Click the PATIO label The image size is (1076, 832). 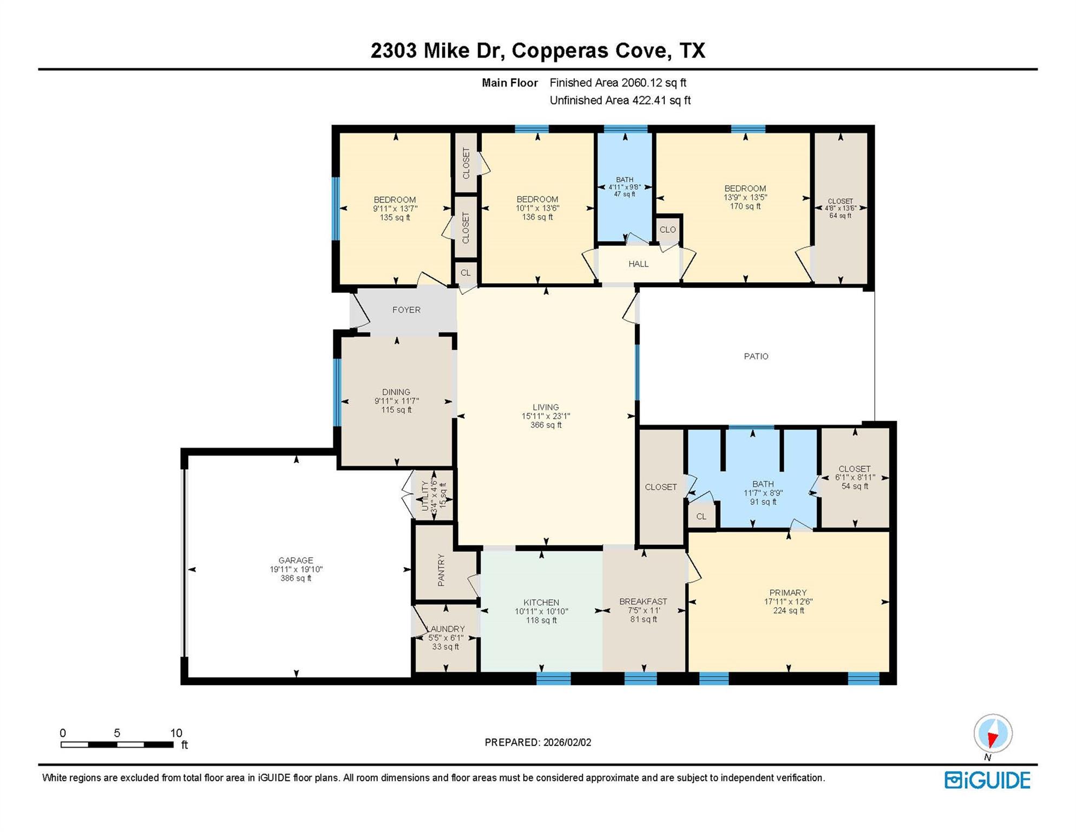(x=756, y=356)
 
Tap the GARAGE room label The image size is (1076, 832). (x=296, y=561)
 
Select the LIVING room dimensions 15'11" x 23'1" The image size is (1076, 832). (x=546, y=417)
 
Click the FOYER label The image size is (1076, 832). (x=406, y=310)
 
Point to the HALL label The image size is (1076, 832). (x=638, y=264)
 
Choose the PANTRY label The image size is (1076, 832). (x=441, y=570)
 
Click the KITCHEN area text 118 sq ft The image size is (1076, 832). (x=541, y=621)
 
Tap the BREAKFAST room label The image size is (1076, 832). (x=643, y=602)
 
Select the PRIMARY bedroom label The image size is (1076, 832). (x=788, y=593)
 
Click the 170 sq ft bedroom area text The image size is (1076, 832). (x=745, y=206)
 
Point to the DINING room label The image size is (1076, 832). (x=396, y=392)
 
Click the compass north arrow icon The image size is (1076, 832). (x=992, y=734)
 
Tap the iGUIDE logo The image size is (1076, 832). (x=987, y=781)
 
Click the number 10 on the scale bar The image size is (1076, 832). (x=176, y=733)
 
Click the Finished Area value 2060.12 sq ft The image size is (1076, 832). (x=653, y=83)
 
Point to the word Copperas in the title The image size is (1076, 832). (x=560, y=50)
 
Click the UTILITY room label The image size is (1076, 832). (x=425, y=496)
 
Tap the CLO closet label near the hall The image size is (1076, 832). (x=667, y=230)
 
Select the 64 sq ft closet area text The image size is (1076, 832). (x=840, y=216)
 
